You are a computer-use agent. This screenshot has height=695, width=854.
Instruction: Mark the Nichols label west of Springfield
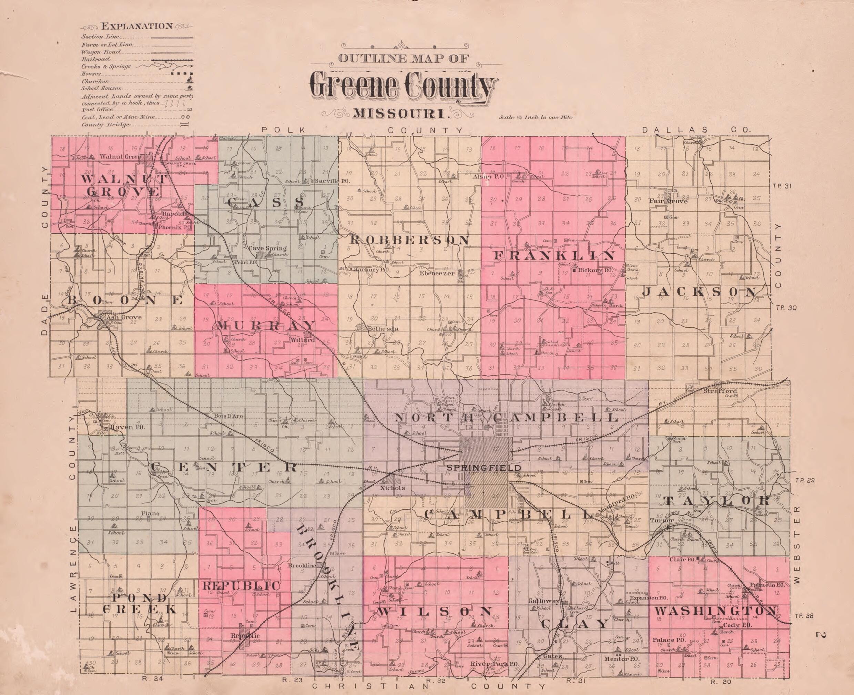pos(393,488)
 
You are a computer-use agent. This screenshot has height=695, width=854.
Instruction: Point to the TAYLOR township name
pos(717,500)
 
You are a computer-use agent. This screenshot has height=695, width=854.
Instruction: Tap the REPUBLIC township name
pos(242,586)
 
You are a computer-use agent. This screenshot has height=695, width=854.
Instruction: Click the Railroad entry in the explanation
pos(93,59)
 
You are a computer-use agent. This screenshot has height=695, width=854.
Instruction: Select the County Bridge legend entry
pos(106,124)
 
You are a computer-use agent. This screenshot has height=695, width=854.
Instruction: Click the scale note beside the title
pos(535,118)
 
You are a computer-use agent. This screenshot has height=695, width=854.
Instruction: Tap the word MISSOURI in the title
pos(399,114)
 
